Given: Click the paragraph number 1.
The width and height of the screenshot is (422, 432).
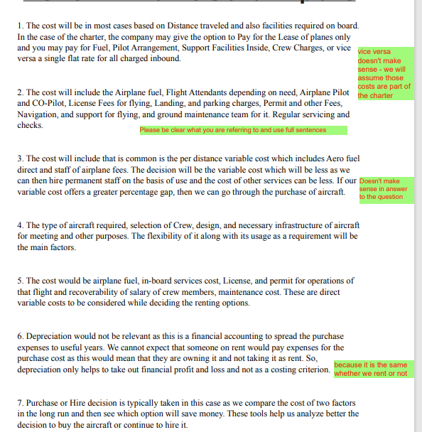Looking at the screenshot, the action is [20, 26].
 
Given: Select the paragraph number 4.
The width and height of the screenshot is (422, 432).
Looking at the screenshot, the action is [20, 225].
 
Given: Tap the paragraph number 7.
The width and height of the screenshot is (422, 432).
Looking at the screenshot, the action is [20, 403].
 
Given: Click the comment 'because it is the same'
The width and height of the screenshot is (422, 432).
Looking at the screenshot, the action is [370, 369].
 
